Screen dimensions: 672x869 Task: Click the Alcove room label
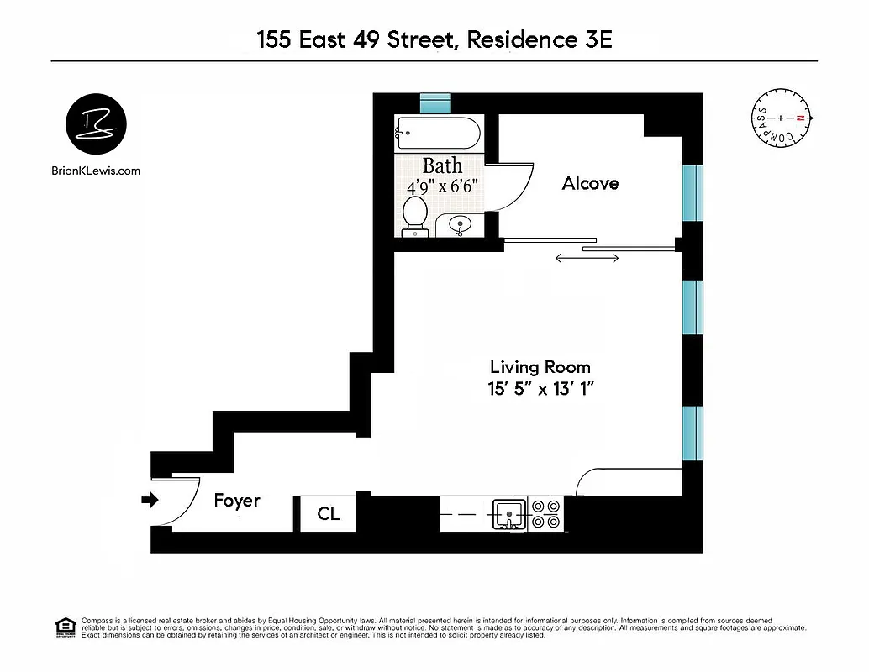click(x=590, y=183)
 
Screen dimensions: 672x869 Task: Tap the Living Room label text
click(x=540, y=367)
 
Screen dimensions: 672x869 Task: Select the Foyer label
click(x=236, y=501)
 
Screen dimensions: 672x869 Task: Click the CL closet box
click(x=329, y=513)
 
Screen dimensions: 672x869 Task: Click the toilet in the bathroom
click(x=414, y=213)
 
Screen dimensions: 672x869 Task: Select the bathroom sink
click(x=460, y=225)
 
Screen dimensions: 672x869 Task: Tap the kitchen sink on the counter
click(x=508, y=513)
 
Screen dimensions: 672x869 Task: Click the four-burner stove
click(x=545, y=514)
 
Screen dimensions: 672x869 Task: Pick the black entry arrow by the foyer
click(x=150, y=501)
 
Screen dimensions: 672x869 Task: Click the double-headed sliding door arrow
click(x=587, y=258)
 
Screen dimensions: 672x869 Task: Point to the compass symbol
click(x=781, y=119)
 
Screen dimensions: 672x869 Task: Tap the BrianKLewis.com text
click(x=96, y=171)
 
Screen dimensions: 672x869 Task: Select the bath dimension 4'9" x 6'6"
click(x=442, y=186)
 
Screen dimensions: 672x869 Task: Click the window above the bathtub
click(x=436, y=103)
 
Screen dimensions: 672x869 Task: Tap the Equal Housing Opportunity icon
click(x=65, y=627)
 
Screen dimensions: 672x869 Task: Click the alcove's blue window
click(x=693, y=193)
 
